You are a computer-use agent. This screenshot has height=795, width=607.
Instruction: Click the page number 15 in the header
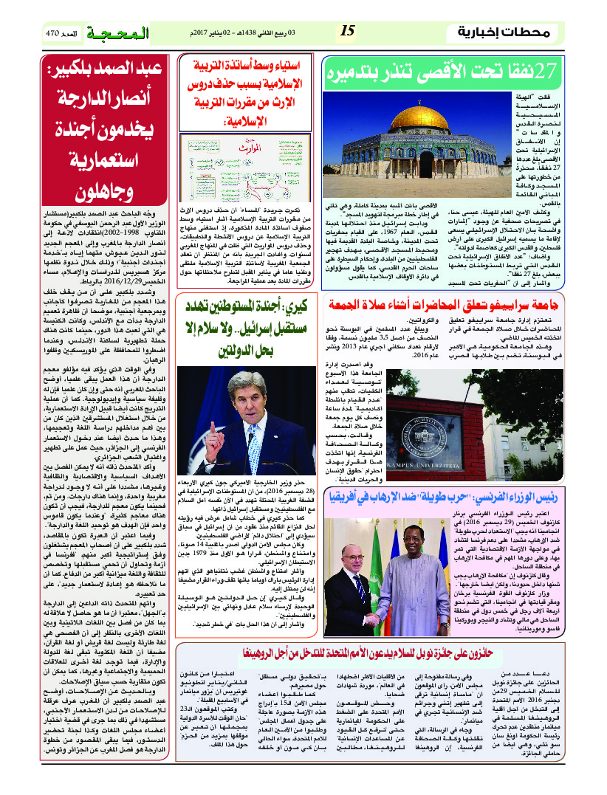347,32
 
